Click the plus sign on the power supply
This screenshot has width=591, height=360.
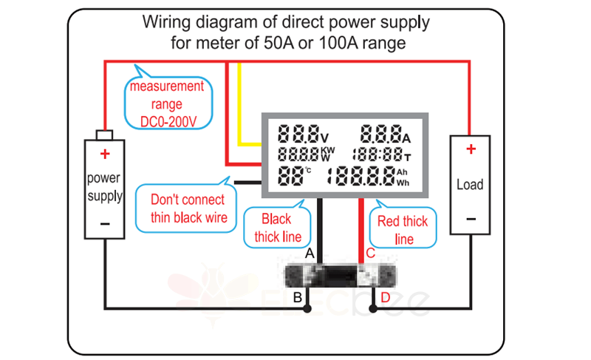tap(105, 154)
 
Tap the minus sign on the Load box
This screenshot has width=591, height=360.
tap(471, 219)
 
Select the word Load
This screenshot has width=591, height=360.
tap(471, 184)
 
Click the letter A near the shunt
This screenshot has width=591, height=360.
tap(310, 254)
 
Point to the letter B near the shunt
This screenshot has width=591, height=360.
tap(297, 299)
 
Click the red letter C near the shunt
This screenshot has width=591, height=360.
tap(370, 254)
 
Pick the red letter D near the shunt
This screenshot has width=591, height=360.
tap(385, 299)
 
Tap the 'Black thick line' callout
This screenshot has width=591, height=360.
tap(277, 228)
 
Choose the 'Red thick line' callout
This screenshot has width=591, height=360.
tap(403, 229)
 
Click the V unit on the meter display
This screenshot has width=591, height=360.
tap(324, 137)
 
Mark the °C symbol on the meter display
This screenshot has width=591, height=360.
tap(308, 171)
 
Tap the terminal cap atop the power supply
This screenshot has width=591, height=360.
tap(104, 134)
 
